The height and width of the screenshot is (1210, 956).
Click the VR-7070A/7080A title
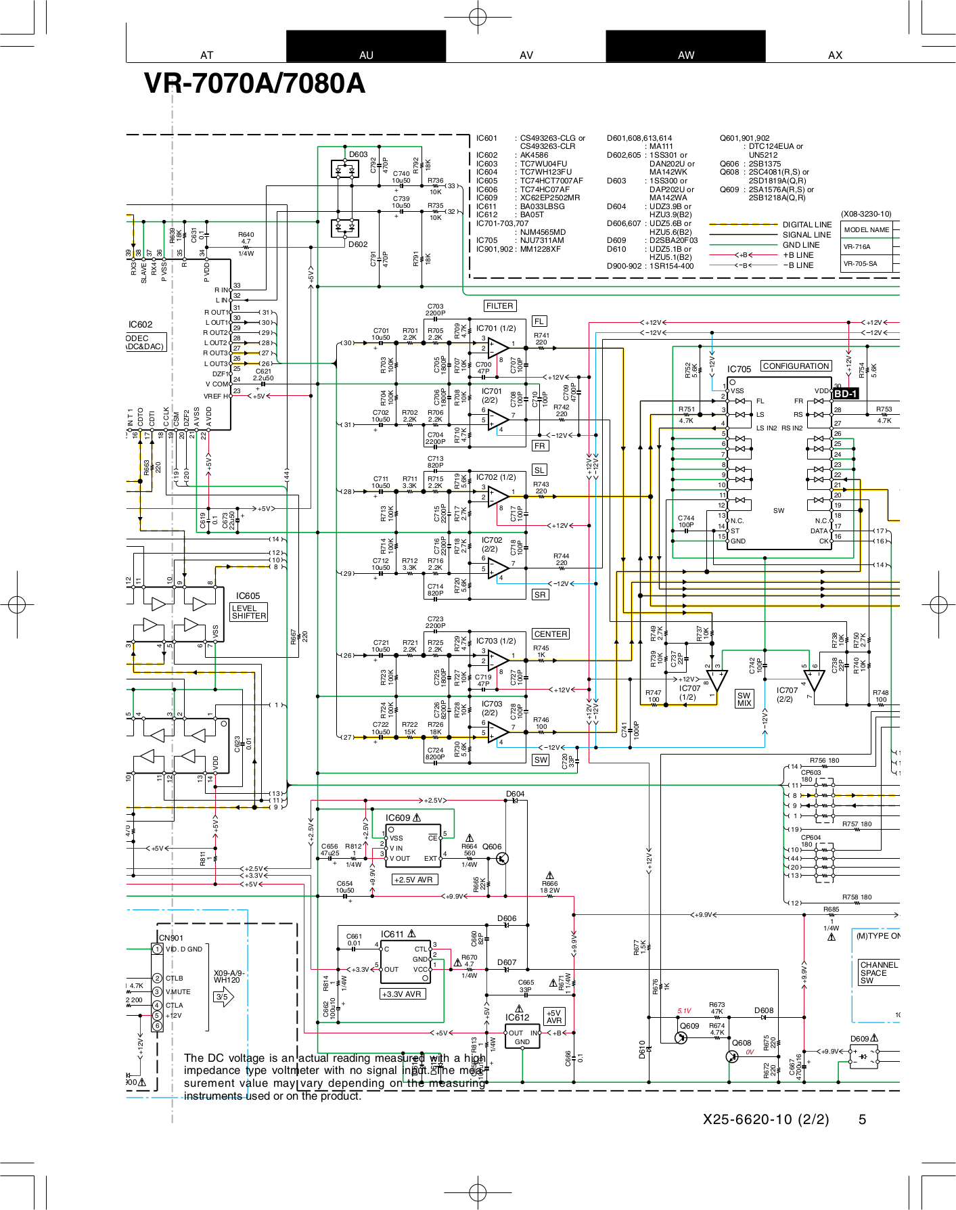254,84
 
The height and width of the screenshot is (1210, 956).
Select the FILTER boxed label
500,306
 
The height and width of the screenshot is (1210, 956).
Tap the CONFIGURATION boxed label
796,366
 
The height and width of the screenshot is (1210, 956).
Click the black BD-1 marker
845,394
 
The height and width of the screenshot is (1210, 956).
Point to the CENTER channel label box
550,634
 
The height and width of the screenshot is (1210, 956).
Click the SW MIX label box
744,699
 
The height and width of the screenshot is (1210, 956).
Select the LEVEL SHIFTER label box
249,612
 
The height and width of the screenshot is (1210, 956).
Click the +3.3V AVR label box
403,994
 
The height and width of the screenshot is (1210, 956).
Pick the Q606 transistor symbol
501,858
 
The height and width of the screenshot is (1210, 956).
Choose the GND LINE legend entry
801,245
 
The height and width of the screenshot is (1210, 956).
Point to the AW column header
685,55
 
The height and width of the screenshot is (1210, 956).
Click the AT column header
206,55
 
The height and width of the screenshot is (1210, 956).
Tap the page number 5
862,1119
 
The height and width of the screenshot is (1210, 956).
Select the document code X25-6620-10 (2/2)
765,1119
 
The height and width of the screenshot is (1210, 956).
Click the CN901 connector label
170,938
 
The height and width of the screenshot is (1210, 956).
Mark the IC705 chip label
739,369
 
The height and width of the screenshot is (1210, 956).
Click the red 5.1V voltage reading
684,1011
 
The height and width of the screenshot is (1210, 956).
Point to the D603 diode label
358,154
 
